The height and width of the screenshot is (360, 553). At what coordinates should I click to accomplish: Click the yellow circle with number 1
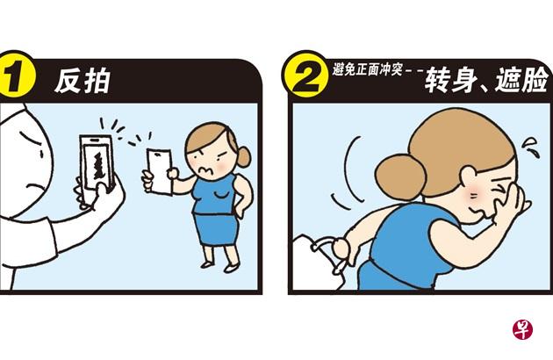(x=15, y=75)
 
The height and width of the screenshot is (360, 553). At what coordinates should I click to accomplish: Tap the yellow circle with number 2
(x=305, y=75)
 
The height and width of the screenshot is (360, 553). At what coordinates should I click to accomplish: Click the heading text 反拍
(x=83, y=81)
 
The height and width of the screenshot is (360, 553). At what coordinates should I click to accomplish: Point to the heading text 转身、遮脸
(x=486, y=80)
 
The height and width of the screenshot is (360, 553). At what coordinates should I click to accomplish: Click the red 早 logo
(x=522, y=329)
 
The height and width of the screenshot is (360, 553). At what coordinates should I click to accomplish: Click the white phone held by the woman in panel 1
(x=160, y=171)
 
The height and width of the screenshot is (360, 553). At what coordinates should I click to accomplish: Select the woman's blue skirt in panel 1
(x=216, y=228)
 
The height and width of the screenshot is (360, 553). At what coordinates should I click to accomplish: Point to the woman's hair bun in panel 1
(x=243, y=156)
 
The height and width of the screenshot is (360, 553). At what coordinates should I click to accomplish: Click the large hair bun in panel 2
(x=400, y=178)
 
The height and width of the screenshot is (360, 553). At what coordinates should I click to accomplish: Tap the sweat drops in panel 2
(x=531, y=148)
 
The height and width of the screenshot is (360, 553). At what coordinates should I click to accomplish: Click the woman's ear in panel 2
(x=469, y=176)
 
